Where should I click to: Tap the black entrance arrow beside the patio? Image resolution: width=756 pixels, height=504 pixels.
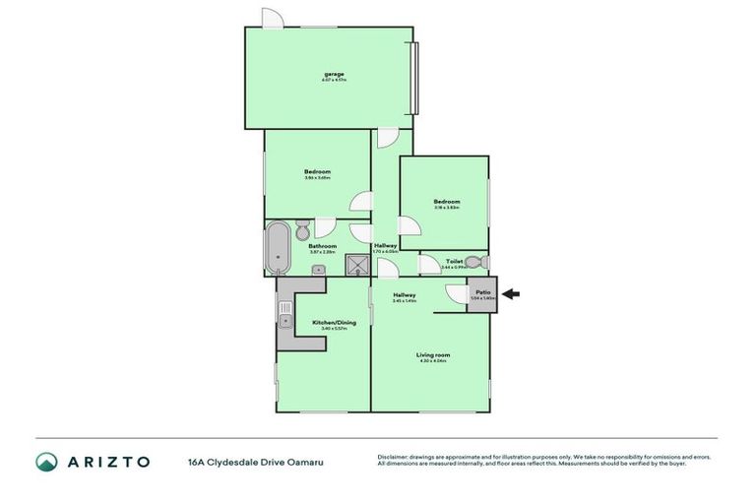[x=513, y=292]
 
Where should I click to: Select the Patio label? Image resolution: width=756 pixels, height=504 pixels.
[x=483, y=292]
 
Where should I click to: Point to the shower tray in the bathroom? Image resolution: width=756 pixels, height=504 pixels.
[x=355, y=265]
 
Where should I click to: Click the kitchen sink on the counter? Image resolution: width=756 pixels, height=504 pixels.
[x=285, y=317]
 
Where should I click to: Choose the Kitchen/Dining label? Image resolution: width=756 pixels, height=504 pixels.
[x=334, y=323]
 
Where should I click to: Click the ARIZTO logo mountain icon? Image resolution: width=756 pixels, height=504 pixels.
[x=47, y=462]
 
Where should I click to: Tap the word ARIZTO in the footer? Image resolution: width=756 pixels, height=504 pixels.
[x=109, y=462]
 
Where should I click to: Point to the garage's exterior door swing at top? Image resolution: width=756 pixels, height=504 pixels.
[x=273, y=18]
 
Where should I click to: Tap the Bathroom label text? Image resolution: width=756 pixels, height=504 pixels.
[x=323, y=246]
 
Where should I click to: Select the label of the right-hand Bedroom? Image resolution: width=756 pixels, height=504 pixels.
[x=447, y=202]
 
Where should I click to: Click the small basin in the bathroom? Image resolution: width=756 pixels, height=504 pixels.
[x=319, y=270]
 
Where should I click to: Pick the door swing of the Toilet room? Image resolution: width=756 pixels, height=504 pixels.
[x=430, y=264]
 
